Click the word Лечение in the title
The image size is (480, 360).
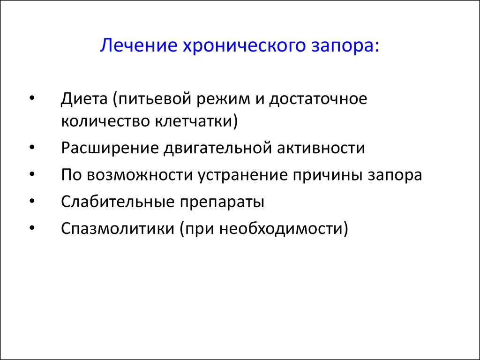point(139,45)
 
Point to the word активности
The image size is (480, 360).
point(321,148)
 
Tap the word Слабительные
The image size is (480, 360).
point(118,202)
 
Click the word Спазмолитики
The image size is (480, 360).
point(118,229)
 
